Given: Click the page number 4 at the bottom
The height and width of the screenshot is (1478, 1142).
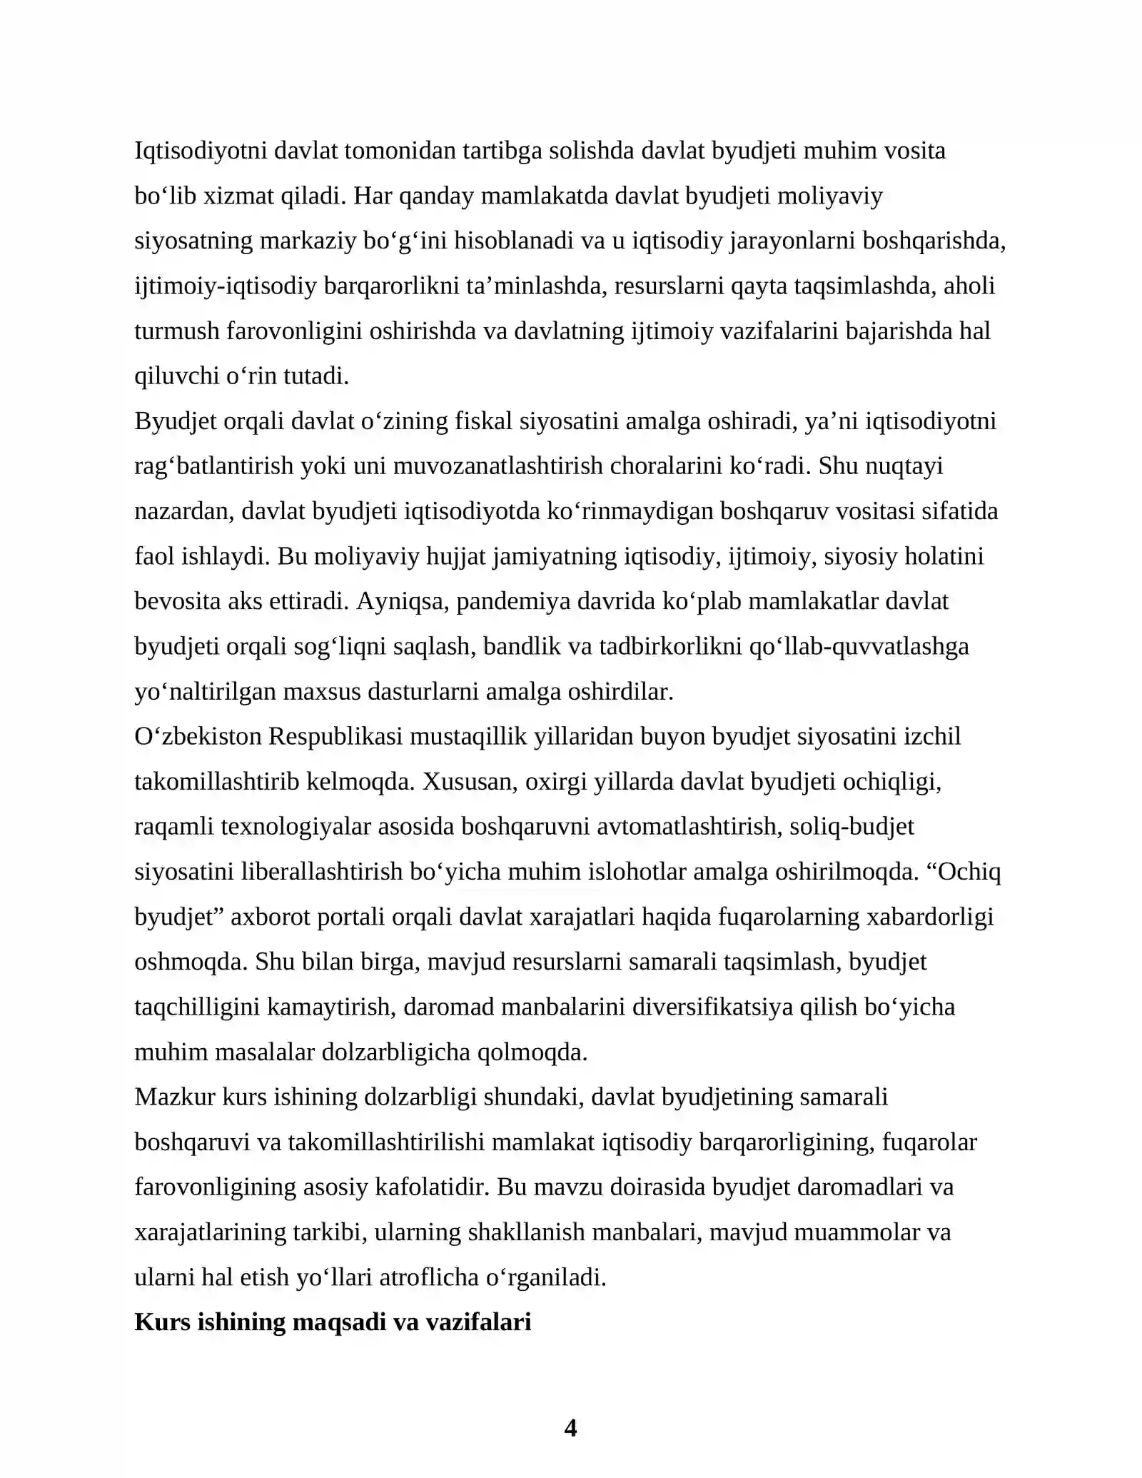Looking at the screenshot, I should tap(570, 1427).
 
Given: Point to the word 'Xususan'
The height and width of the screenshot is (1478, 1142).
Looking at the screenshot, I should tap(470, 782).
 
